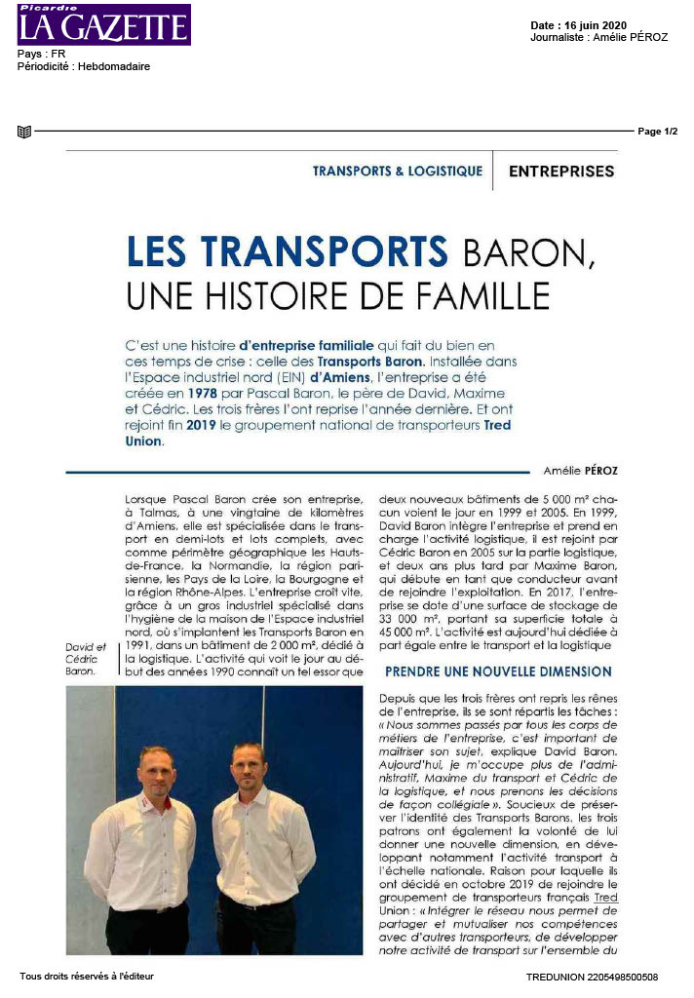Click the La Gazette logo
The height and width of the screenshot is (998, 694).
click(x=104, y=24)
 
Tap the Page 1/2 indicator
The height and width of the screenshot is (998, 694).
click(x=657, y=131)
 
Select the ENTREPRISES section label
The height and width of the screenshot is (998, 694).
click(x=561, y=172)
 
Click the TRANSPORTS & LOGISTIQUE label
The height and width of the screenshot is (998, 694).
click(x=397, y=172)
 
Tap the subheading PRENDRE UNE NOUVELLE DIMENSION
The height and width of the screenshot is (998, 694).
click(x=497, y=672)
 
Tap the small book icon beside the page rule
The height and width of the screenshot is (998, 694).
click(x=23, y=132)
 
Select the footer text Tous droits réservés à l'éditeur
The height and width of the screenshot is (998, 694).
click(x=87, y=976)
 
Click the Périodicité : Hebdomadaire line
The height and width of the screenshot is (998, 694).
click(x=84, y=66)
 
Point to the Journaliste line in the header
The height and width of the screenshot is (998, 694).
click(x=599, y=37)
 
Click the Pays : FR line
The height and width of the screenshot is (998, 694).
click(x=42, y=54)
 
